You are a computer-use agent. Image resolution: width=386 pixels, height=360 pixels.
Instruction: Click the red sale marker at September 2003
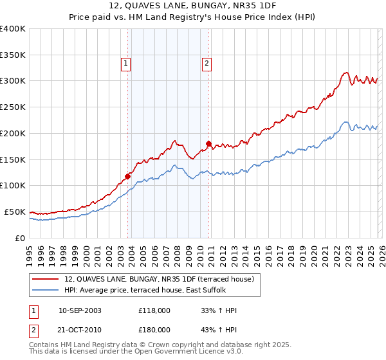pos(128,175)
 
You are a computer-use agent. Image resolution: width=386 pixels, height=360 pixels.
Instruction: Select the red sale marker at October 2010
pos(208,143)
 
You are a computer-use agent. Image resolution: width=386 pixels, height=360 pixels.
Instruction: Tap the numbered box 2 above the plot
pos(207,63)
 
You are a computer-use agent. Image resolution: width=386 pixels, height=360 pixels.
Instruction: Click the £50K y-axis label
pos(15,212)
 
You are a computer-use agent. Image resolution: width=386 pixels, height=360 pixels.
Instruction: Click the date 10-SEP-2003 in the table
pos(80,310)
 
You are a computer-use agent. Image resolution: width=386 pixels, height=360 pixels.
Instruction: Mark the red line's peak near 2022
pos(346,73)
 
